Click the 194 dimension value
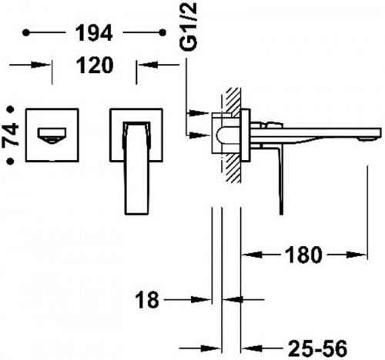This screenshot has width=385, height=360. pos(94,32)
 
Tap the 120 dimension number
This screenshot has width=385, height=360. pos(95,65)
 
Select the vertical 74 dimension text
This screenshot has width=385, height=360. pos(11,135)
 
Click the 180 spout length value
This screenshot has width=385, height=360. pos(303,255)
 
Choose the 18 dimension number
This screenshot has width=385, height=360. pos(147,300)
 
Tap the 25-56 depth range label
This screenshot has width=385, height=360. pos(317,348)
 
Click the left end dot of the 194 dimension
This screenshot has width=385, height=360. pos(26,32)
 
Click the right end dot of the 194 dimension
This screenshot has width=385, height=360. pos(162,32)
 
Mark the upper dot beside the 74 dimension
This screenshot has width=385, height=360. pos(11,109)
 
